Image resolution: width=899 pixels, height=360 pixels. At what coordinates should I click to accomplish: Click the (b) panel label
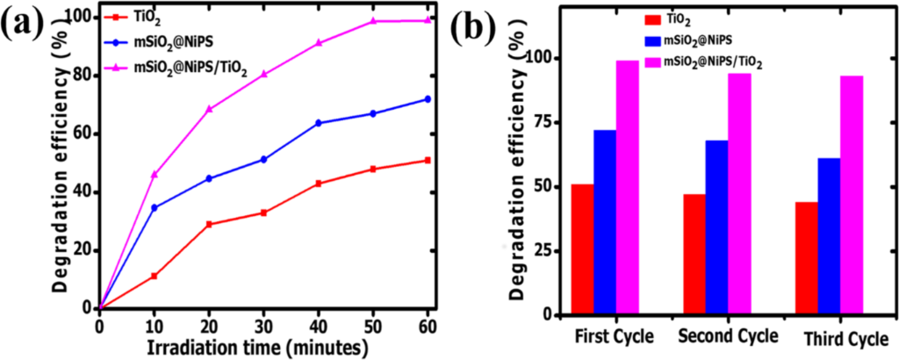point(478,31)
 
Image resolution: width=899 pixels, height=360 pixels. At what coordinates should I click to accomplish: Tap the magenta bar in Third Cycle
point(852,195)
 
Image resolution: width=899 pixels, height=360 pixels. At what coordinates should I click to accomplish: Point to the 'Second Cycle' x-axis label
point(727,336)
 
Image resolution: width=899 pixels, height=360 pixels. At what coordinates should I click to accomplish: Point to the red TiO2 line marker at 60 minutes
point(428,160)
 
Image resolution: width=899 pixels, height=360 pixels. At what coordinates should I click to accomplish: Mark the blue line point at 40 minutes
point(318,123)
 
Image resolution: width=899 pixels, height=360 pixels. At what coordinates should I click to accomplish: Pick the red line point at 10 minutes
point(155,277)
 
